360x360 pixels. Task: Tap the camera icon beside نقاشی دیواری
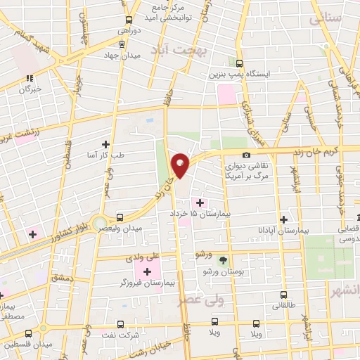point(245,155)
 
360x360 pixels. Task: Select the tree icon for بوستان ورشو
point(224,260)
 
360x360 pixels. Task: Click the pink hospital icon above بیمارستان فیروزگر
point(147,271)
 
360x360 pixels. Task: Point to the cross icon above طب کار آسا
point(105,144)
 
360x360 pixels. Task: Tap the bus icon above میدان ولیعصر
point(119,218)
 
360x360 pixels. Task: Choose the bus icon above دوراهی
point(128,21)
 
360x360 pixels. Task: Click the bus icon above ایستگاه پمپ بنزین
point(239,63)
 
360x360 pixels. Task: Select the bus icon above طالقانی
point(284,295)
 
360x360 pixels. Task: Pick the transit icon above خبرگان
point(30,79)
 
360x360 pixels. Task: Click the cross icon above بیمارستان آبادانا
point(283,219)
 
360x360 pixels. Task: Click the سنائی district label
point(343,18)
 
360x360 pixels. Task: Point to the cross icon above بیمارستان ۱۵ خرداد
point(200,202)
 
